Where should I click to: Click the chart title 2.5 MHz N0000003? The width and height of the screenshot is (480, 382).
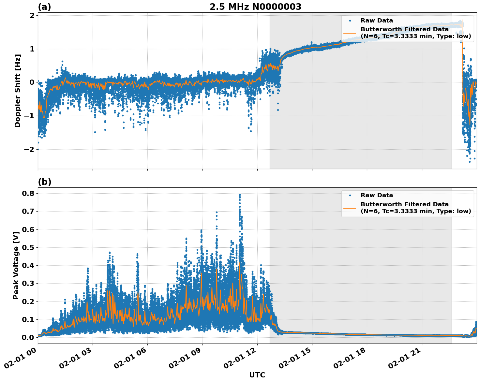(x=255, y=7)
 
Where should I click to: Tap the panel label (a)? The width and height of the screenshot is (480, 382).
(x=44, y=7)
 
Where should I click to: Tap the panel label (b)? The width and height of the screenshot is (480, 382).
(x=44, y=182)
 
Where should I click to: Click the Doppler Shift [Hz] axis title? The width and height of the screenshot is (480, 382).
(x=18, y=91)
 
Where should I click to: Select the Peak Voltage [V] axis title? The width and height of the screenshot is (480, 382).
(x=16, y=265)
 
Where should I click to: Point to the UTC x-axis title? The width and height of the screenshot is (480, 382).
(x=257, y=375)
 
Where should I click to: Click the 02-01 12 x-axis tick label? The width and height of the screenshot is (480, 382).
(x=244, y=359)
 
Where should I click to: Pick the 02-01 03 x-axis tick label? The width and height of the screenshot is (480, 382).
(x=79, y=359)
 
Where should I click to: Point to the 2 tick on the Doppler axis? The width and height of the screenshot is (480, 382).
(x=32, y=15)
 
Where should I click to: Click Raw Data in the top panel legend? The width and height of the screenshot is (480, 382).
(x=377, y=21)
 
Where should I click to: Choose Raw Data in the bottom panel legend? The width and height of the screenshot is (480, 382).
(x=377, y=195)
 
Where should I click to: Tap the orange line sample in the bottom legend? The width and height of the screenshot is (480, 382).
(x=350, y=208)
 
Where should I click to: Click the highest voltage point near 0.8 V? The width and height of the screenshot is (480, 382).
(x=240, y=195)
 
